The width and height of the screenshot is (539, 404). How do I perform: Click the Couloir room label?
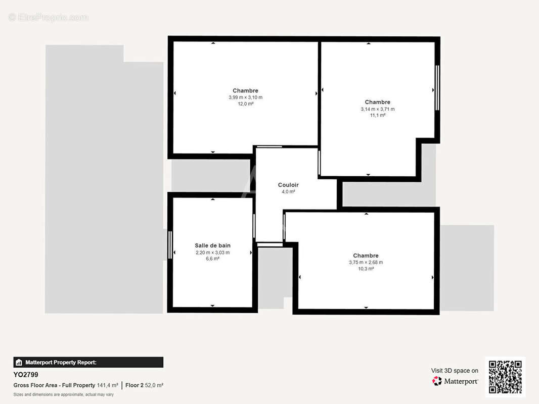288,185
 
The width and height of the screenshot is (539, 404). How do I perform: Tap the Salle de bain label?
212,245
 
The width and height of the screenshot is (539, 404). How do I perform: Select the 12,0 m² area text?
245,104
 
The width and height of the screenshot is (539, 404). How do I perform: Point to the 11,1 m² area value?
377,115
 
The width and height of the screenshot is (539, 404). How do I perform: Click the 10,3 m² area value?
366,269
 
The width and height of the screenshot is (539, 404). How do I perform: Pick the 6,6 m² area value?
212,259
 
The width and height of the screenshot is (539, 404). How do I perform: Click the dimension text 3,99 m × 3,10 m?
245,97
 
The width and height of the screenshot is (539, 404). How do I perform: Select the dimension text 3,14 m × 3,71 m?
377,109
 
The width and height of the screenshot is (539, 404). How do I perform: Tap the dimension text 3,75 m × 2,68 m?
366,262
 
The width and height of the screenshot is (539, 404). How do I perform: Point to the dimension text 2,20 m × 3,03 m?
212,252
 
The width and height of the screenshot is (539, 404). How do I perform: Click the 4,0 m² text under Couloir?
288,192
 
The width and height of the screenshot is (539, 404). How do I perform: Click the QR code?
505,377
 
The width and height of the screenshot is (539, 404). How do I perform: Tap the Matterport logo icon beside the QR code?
437,381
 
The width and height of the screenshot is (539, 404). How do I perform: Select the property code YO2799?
26,375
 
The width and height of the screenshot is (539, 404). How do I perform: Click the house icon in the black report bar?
19,362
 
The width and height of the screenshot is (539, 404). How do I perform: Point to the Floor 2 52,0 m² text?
144,385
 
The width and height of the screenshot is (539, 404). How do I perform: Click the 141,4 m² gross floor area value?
107,385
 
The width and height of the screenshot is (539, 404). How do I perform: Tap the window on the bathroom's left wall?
170,245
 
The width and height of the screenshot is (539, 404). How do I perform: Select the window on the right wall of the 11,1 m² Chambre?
437,88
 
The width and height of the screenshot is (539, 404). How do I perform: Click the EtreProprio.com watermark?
49,17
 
